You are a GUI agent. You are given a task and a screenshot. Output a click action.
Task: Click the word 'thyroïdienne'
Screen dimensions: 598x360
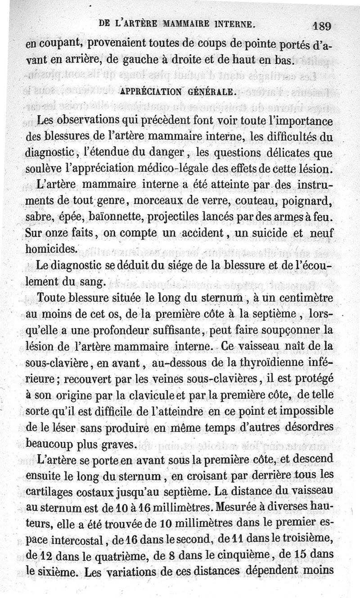[x=268, y=364]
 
